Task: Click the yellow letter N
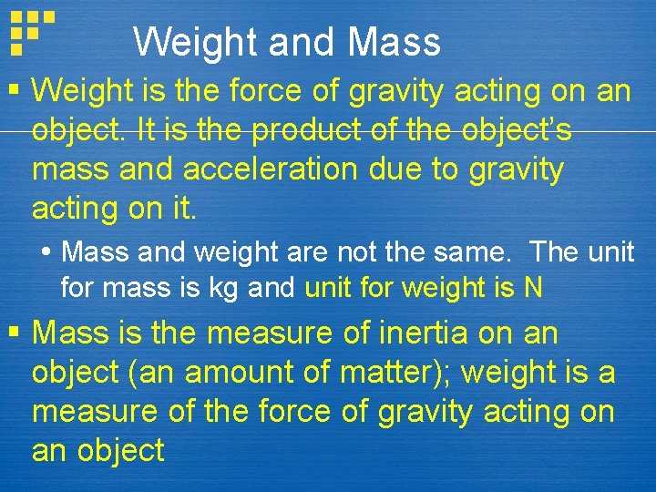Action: (533, 288)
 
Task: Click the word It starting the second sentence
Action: (149, 130)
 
